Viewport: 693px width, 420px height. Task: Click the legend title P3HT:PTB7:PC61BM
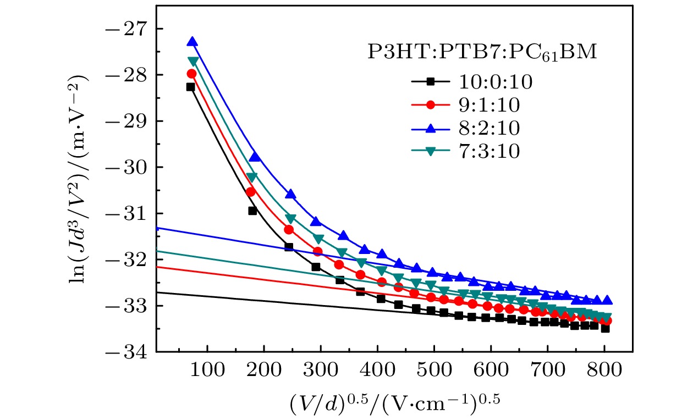tap(482, 53)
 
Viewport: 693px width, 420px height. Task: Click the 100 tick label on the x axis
tap(207, 371)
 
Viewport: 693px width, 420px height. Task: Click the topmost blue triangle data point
tap(192, 42)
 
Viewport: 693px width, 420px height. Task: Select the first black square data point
tap(190, 87)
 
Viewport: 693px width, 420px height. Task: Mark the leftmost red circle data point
tap(191, 74)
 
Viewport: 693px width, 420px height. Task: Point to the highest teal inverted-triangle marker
tap(193, 61)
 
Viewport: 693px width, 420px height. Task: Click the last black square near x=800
tap(605, 329)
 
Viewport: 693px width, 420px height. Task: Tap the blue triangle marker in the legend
tap(431, 128)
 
